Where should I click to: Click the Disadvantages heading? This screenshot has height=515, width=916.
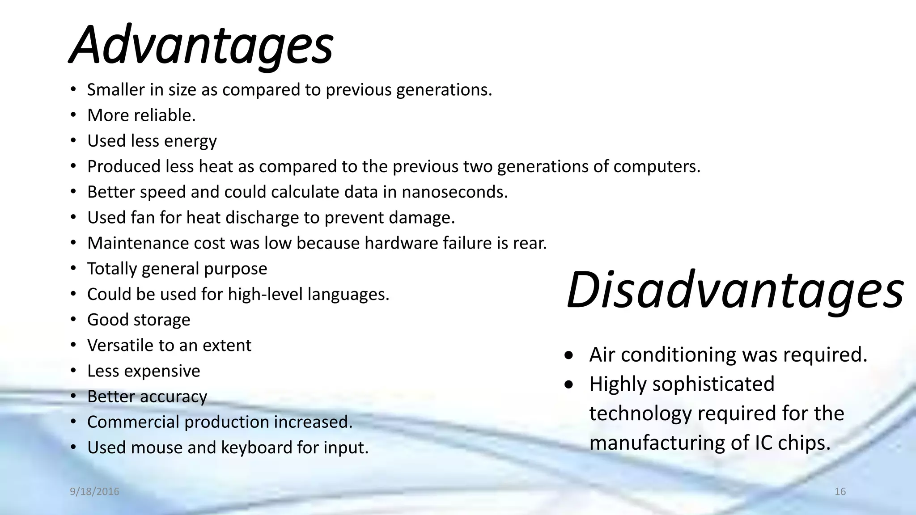[734, 291]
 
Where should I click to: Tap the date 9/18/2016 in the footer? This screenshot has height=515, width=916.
[94, 492]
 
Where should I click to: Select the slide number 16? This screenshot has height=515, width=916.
[840, 492]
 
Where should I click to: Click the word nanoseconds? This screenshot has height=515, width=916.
[454, 192]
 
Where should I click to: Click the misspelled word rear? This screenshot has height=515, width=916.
[530, 243]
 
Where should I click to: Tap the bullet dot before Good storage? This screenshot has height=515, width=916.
[73, 320]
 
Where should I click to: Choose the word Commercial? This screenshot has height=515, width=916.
[133, 422]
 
